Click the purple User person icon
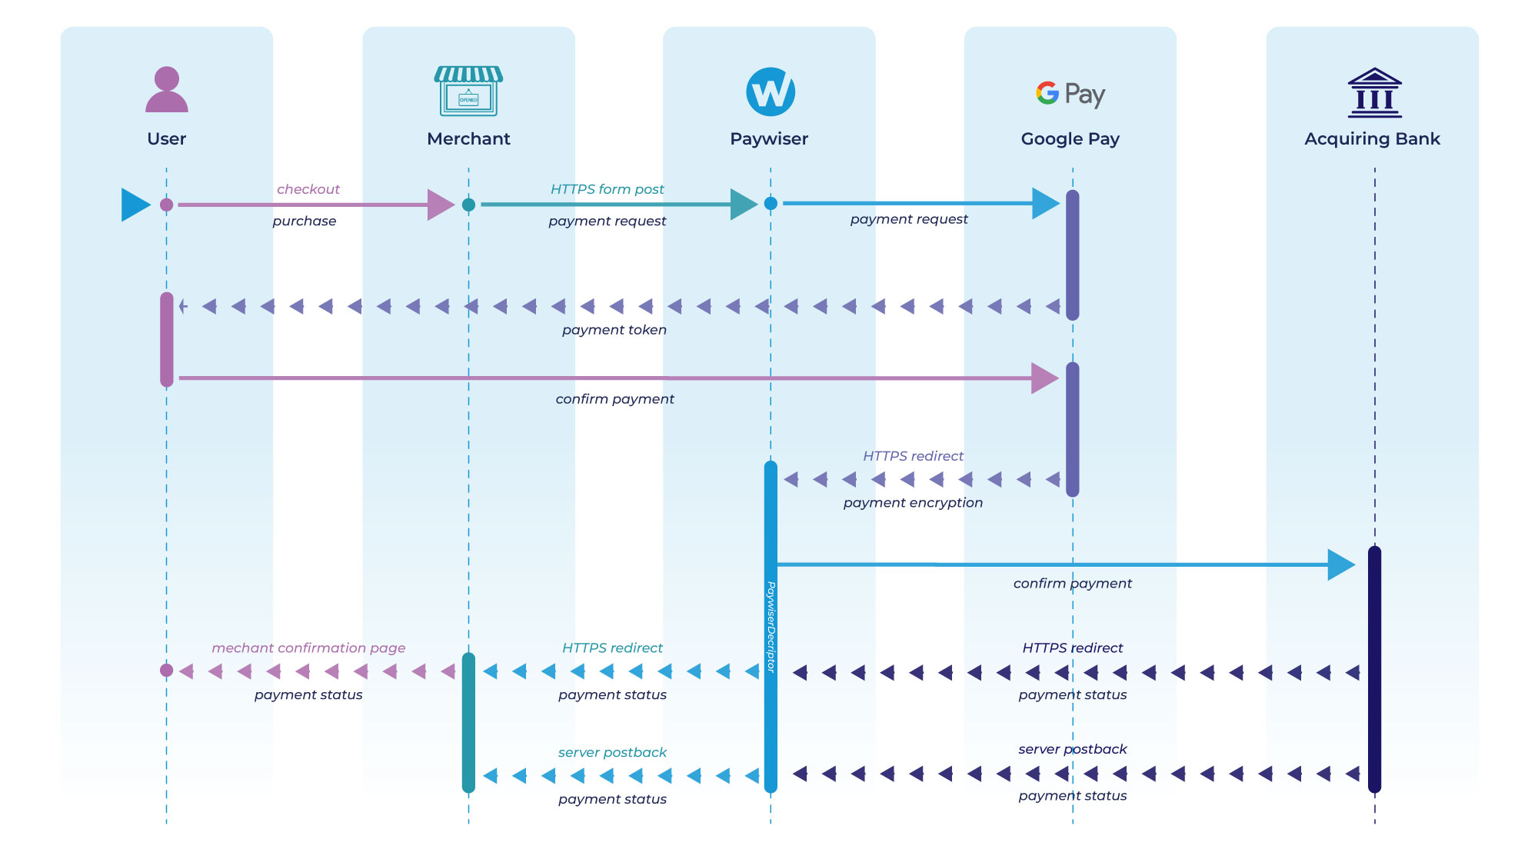(x=167, y=90)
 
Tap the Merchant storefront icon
(x=468, y=91)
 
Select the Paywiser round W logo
(x=771, y=92)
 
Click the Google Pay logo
(x=1070, y=93)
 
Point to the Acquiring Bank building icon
(x=1374, y=93)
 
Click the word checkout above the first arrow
(x=308, y=189)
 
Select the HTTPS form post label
(x=607, y=189)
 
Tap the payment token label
(x=614, y=330)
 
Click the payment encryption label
(x=913, y=503)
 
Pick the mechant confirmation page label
(x=308, y=648)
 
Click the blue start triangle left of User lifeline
(x=135, y=205)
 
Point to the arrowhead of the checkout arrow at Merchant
(x=441, y=205)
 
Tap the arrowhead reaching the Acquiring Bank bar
(x=1341, y=565)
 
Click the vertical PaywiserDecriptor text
(x=771, y=627)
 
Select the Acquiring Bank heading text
(x=1372, y=139)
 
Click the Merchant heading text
(x=468, y=139)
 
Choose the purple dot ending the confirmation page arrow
(x=166, y=671)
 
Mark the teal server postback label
(x=612, y=753)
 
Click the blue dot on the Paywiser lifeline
(x=771, y=204)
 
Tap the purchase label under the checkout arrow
(x=304, y=221)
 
